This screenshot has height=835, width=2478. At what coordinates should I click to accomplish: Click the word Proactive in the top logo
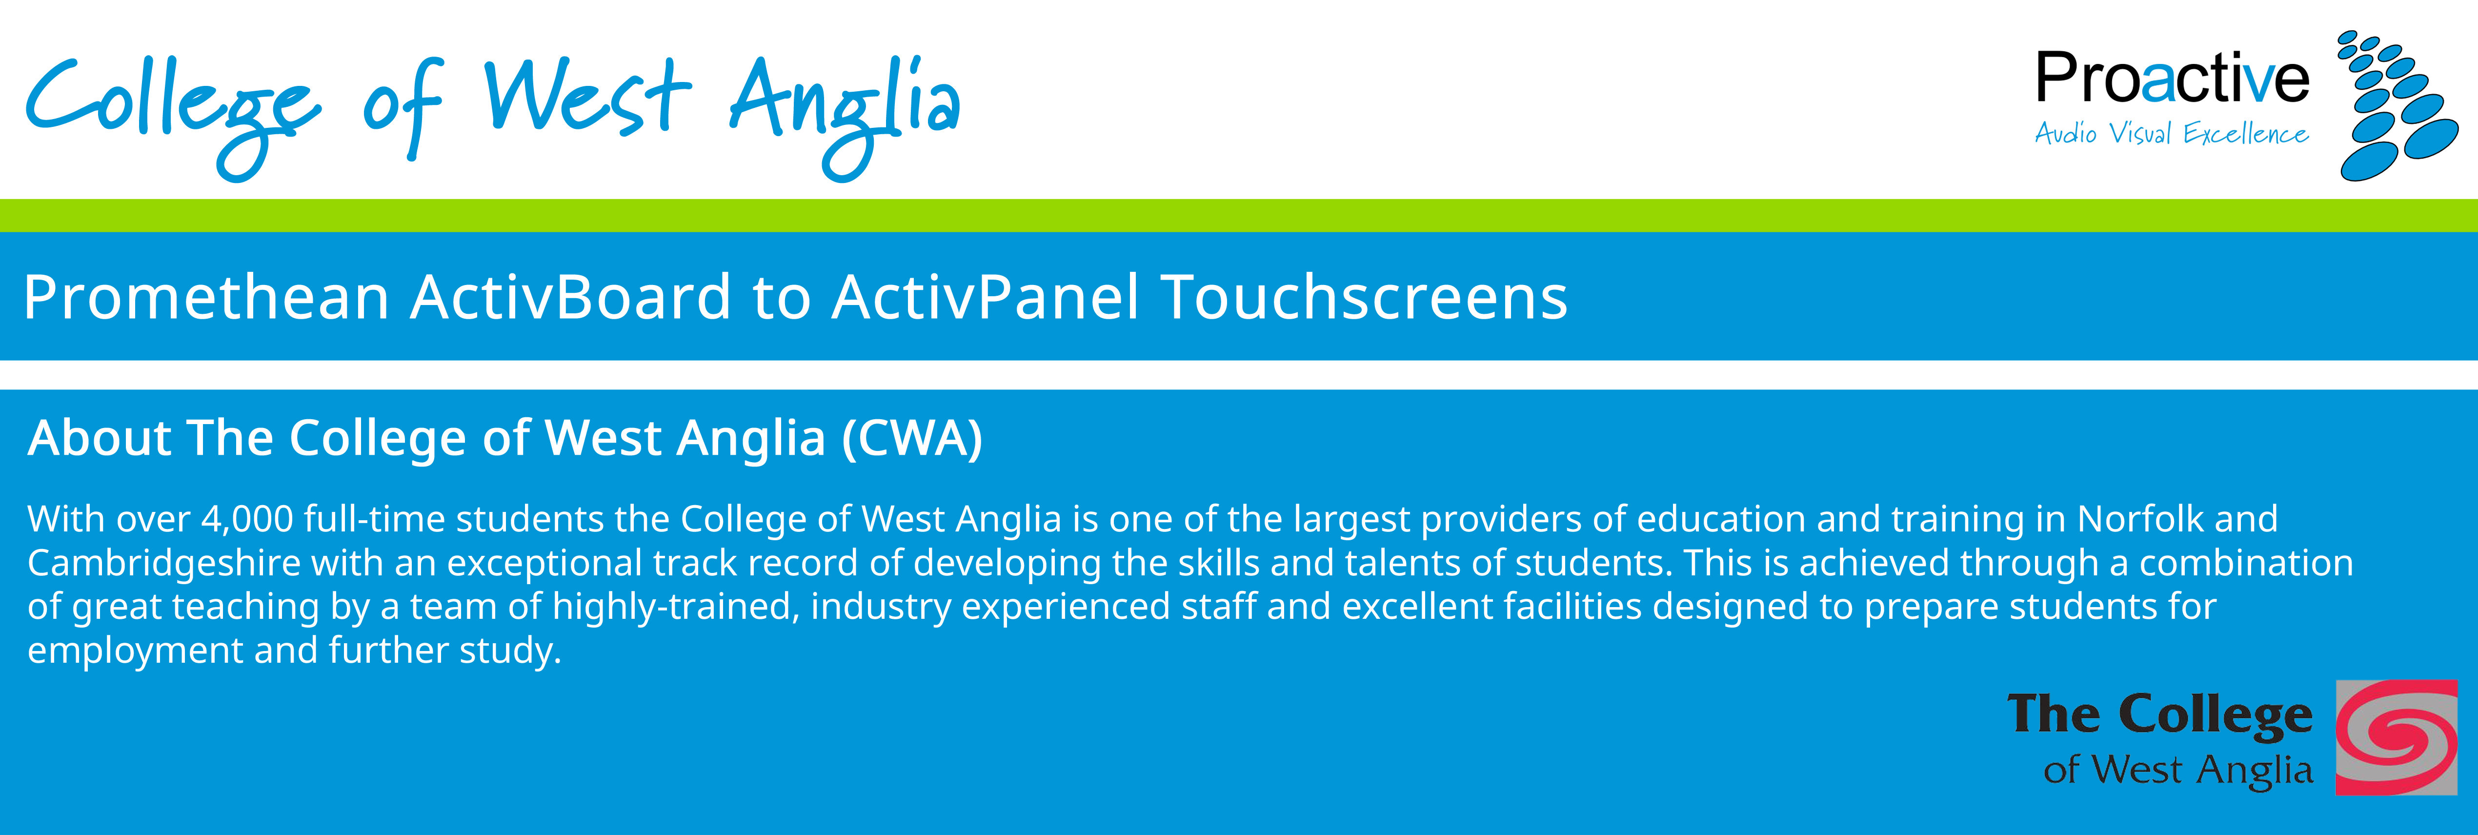point(2172,79)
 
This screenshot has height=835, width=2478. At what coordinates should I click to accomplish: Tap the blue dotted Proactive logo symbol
point(2397,106)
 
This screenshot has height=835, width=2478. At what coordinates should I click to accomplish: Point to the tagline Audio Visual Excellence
point(2171,134)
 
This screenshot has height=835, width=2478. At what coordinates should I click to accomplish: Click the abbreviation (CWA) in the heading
point(912,439)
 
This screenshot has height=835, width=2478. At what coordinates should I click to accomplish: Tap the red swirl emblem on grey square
point(2396,738)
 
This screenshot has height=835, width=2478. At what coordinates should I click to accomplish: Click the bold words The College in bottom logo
point(2159,716)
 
